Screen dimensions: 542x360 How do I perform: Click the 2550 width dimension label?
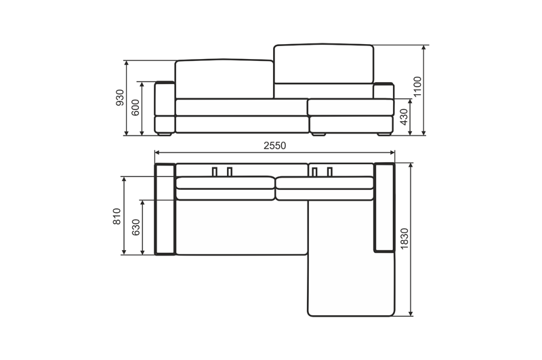click(275, 146)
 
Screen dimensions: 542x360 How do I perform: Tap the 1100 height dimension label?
click(417, 87)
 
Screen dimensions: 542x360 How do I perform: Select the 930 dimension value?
click(120, 98)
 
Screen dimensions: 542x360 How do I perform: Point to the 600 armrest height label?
click(135, 108)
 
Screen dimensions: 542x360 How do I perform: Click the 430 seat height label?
click(404, 117)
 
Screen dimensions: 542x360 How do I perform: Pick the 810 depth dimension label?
click(117, 216)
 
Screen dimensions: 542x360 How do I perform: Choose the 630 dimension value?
click(136, 227)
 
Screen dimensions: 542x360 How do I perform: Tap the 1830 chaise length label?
click(404, 239)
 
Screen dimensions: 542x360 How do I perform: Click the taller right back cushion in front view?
click(324, 64)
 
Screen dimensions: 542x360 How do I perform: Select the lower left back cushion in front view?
click(224, 79)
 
